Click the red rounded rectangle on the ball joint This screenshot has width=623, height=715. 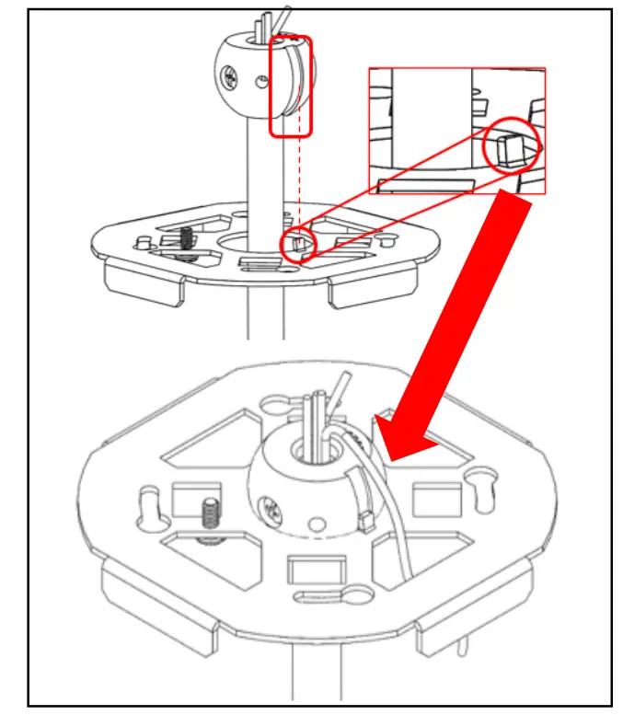click(290, 86)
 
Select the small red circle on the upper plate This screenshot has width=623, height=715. click(297, 245)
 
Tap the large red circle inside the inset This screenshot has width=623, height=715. click(509, 145)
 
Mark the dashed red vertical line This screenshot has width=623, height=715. click(299, 184)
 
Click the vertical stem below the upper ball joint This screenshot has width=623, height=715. click(259, 175)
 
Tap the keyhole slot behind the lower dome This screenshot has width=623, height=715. click(276, 404)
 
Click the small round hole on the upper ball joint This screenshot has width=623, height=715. click(264, 81)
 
